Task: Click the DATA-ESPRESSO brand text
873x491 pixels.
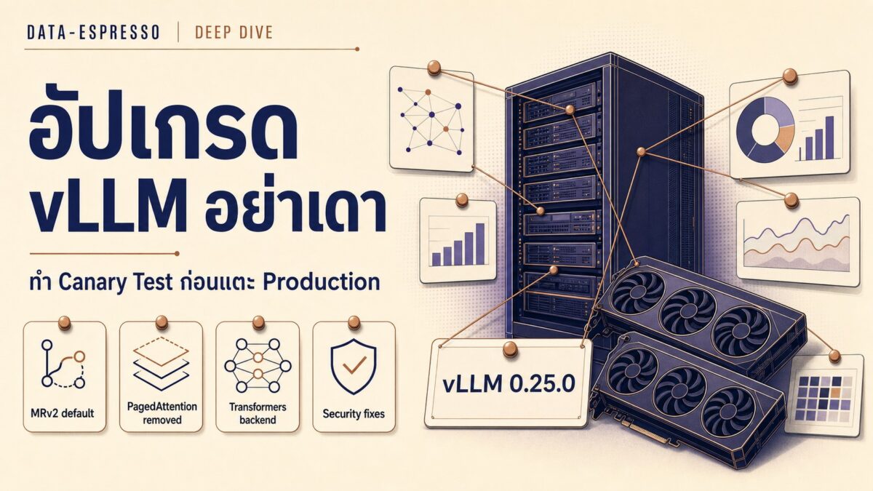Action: [x=94, y=32]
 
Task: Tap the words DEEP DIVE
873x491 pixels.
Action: [x=234, y=32]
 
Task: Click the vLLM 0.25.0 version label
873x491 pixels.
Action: [x=509, y=384]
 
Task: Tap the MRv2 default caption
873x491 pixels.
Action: [x=63, y=413]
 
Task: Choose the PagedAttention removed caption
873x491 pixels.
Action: [x=162, y=413]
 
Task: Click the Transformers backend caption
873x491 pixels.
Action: [x=258, y=413]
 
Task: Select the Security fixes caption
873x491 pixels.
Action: [x=354, y=413]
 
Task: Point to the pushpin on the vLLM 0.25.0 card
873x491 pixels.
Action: [x=510, y=348]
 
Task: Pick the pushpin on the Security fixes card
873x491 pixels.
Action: [x=354, y=323]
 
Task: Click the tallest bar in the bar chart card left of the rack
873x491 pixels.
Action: [x=480, y=244]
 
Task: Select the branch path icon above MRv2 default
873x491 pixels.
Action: [x=63, y=364]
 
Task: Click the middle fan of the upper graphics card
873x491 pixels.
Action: [x=689, y=312]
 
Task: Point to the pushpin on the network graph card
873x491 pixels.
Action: [x=434, y=68]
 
